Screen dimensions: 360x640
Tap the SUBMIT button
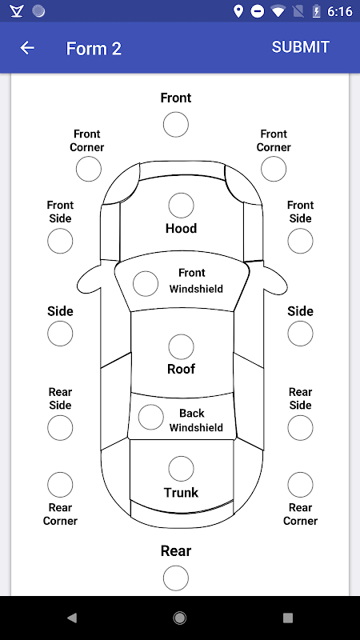[x=301, y=47]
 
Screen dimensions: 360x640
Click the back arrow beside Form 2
[x=27, y=48]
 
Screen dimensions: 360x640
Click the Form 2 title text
[x=94, y=49]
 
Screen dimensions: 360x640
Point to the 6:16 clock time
[x=339, y=11]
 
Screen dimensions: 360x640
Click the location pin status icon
[x=238, y=11]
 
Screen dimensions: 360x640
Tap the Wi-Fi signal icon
[x=278, y=11]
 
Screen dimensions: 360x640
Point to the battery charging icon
[x=316, y=11]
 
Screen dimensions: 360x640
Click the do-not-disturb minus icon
[x=257, y=11]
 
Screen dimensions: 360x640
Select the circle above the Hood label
[x=181, y=206]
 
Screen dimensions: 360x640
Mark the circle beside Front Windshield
[x=146, y=284]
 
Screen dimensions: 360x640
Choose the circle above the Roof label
[x=181, y=347]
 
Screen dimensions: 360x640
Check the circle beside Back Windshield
[x=150, y=417]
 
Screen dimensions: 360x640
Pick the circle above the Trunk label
[x=181, y=469]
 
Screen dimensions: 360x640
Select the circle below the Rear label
[x=175, y=578]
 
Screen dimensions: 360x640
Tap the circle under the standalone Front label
[x=175, y=125]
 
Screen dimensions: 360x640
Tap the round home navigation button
[x=179, y=618]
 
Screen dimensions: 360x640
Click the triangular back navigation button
[x=72, y=618]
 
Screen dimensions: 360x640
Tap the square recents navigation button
[x=288, y=618]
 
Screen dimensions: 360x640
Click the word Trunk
[x=181, y=493]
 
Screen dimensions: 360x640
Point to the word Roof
[x=181, y=369]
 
